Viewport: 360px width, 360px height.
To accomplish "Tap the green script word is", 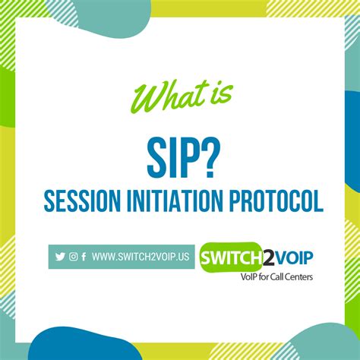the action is point(222,94).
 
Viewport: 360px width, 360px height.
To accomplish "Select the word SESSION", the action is point(83,201).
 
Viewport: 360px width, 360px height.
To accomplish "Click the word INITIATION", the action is point(175,201).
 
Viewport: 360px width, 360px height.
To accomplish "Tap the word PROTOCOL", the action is point(276,201).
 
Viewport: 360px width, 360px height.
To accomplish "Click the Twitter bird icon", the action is point(60,257).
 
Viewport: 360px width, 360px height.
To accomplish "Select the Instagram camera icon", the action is point(73,257).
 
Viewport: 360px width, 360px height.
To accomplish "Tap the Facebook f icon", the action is point(84,257).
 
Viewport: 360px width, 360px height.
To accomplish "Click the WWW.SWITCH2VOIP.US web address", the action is point(141,257).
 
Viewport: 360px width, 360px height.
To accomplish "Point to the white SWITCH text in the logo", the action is point(232,257).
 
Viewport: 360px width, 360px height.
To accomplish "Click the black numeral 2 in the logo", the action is point(268,257).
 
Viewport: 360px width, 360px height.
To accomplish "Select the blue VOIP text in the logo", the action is point(294,257).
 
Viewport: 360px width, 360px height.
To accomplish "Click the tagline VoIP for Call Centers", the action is point(276,276).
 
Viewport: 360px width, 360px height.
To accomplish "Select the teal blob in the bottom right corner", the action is point(327,343).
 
